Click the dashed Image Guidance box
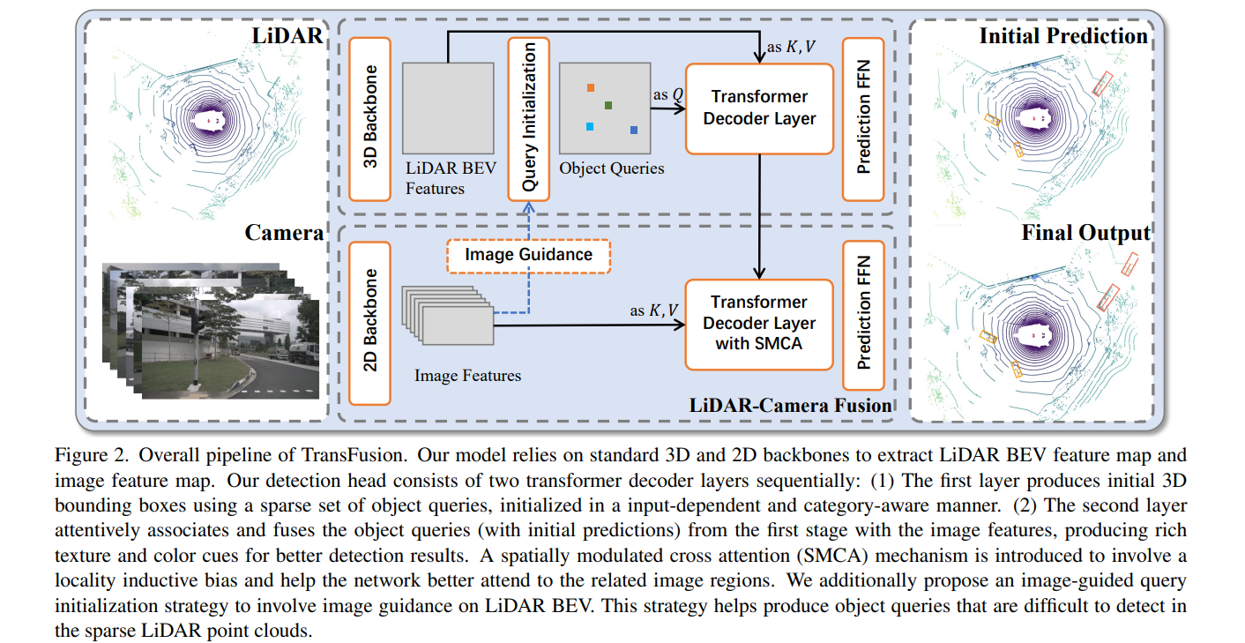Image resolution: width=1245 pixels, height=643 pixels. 529,255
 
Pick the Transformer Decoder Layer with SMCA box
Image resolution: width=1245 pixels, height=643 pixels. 759,324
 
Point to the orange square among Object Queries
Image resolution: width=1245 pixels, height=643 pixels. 590,88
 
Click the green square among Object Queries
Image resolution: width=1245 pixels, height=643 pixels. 608,106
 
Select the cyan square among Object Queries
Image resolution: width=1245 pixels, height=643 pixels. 589,127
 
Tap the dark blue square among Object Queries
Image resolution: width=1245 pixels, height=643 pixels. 634,131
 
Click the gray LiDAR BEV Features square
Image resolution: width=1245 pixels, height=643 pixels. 448,108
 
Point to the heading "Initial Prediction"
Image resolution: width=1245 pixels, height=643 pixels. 1063,36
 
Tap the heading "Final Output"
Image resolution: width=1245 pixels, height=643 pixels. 1085,233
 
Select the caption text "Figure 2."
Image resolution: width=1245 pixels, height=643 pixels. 87,456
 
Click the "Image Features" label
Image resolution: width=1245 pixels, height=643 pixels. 467,376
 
